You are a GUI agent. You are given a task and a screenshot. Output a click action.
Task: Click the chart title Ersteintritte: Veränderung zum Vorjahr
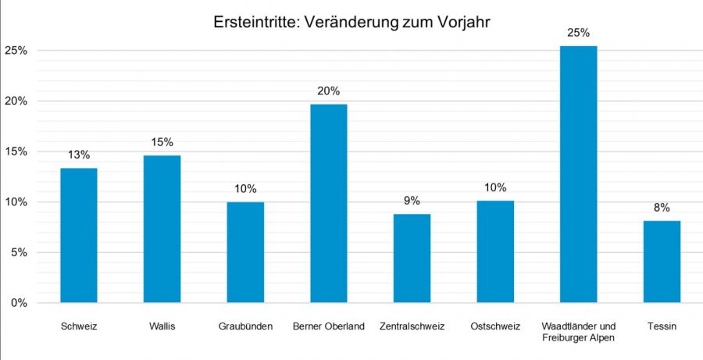[x=351, y=23]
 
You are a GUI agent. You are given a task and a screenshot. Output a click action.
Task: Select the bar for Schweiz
[x=79, y=235]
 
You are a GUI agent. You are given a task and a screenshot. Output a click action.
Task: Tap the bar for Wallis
[x=162, y=229]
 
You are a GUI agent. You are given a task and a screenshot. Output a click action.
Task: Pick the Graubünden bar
[x=245, y=252]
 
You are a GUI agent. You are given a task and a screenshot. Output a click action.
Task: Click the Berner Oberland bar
[x=329, y=203]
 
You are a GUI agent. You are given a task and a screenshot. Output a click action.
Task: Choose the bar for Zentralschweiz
[x=412, y=258]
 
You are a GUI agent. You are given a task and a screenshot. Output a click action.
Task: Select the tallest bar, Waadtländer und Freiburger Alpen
[x=579, y=174]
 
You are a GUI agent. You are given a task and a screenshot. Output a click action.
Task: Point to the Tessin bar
[x=662, y=262]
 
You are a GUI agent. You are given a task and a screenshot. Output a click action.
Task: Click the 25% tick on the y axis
[x=16, y=51]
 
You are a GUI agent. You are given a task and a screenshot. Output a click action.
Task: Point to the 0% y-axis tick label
[x=20, y=303]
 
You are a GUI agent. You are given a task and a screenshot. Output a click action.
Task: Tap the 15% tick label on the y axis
[x=16, y=151]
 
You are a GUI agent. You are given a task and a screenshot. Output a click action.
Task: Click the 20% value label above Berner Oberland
[x=329, y=91]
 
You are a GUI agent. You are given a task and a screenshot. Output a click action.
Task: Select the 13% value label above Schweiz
[x=79, y=155]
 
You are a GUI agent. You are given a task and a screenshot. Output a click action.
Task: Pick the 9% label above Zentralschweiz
[x=412, y=201]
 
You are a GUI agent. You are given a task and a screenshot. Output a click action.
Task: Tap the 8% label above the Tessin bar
[x=662, y=208]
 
